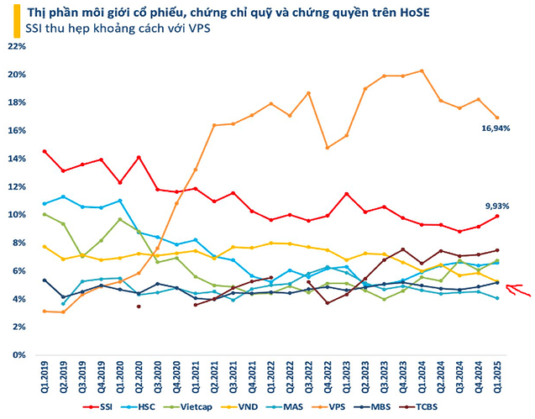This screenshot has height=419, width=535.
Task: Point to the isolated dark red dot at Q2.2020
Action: (x=139, y=306)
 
